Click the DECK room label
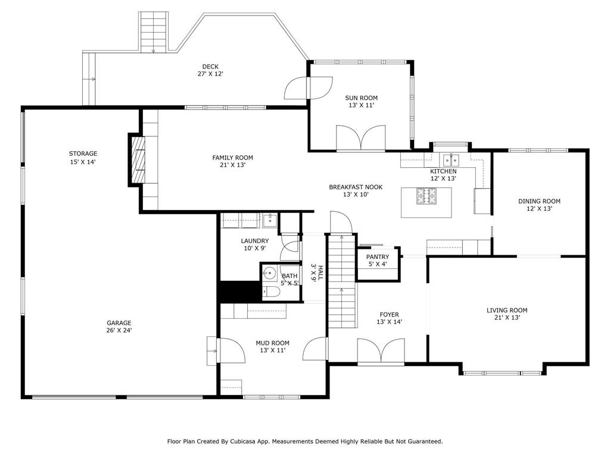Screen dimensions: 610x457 210,67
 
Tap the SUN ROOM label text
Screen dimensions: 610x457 361,98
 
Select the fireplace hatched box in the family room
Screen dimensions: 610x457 138,159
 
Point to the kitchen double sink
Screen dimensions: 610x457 451,159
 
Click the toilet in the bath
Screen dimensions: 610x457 271,292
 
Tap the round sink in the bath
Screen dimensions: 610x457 269,272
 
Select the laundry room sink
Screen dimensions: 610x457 270,220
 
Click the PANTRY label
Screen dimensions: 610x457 377,257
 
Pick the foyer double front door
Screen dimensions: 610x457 381,351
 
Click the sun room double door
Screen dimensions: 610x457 360,137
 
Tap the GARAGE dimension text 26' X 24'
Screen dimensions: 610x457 119,330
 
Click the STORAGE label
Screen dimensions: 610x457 83,154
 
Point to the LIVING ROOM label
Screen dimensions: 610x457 507,310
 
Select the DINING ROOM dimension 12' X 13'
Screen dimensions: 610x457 539,208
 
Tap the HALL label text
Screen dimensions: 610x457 320,273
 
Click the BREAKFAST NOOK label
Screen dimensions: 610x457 356,187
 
